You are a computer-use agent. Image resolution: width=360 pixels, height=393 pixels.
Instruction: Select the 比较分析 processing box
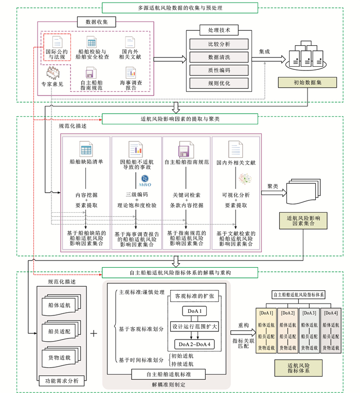point(220,44)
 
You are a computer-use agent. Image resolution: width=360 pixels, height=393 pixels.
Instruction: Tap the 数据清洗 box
point(220,57)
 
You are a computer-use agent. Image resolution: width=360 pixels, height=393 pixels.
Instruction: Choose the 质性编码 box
point(220,70)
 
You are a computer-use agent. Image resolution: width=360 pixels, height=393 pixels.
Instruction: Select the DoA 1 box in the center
point(193,312)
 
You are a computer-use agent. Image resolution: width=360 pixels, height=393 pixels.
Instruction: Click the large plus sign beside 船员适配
point(94,333)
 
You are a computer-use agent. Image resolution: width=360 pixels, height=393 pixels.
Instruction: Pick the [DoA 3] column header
point(309,313)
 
